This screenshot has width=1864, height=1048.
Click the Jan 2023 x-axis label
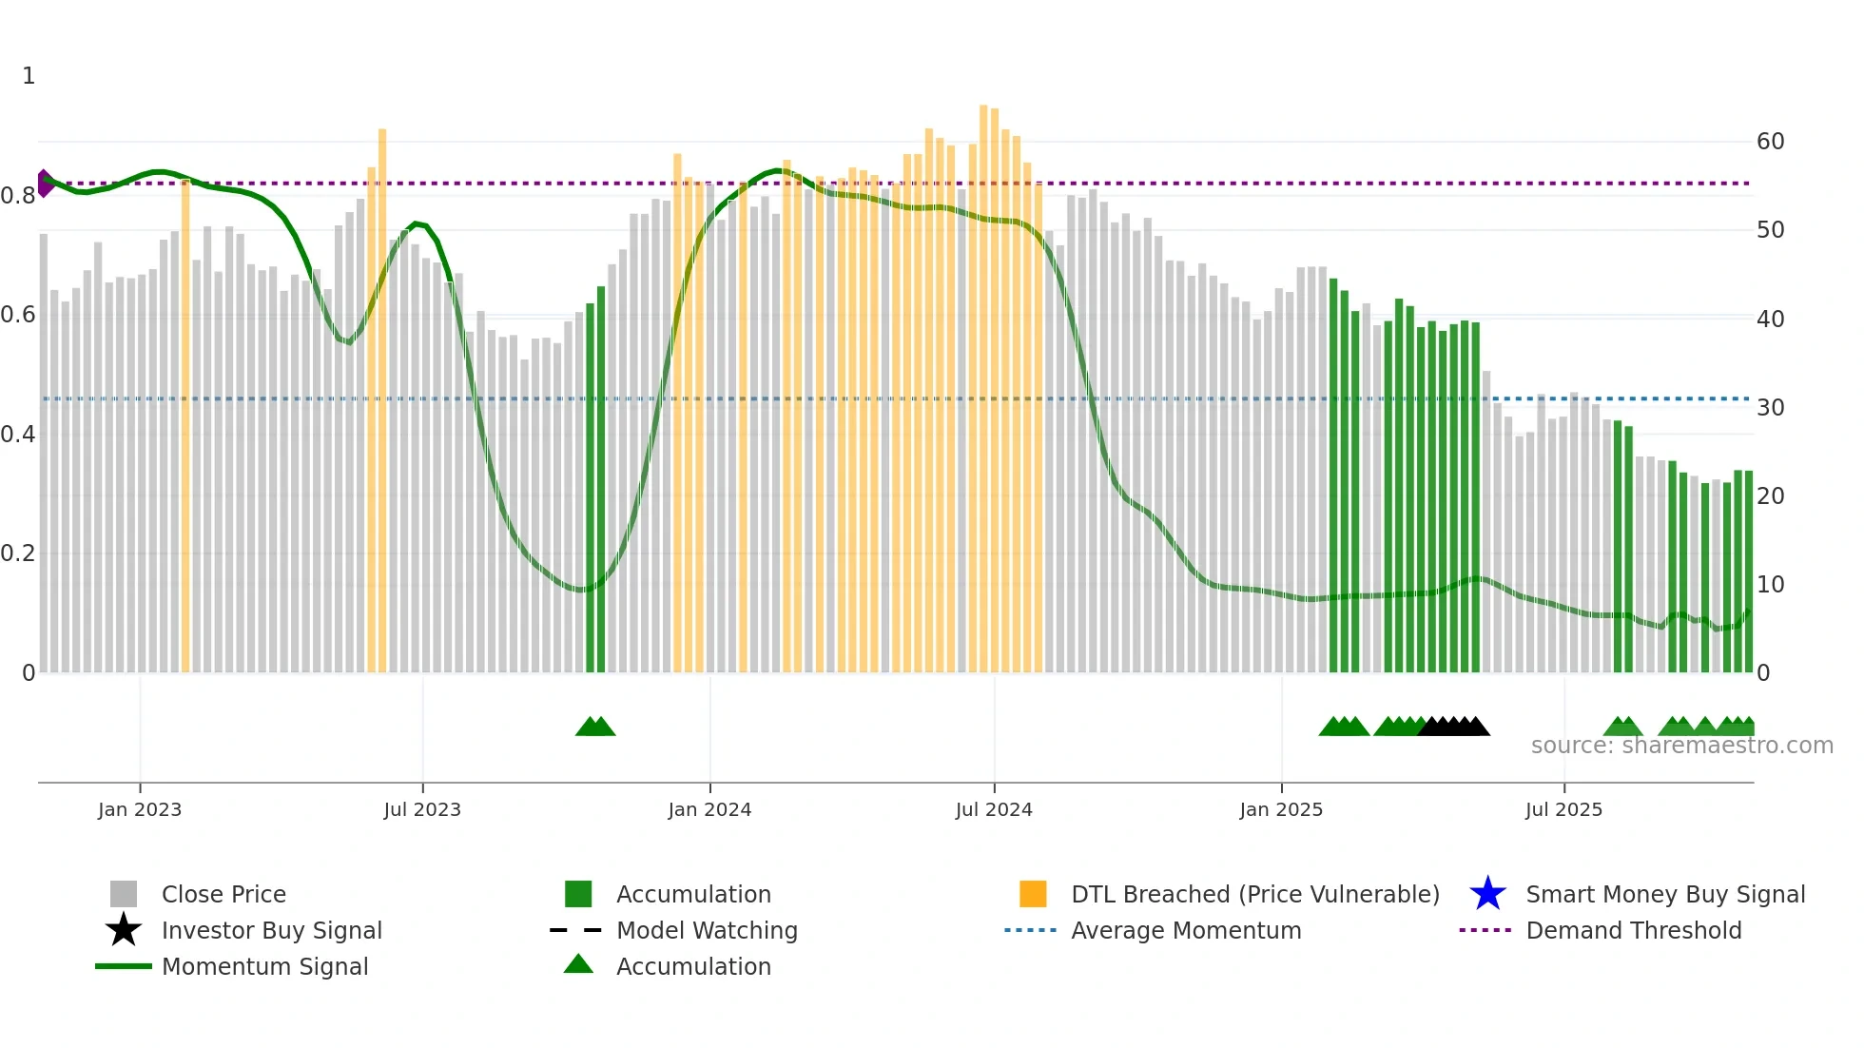point(140,809)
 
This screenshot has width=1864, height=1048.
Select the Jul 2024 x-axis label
point(994,809)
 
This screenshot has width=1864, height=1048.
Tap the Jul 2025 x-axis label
point(1563,809)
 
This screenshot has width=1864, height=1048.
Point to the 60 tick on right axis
point(1770,142)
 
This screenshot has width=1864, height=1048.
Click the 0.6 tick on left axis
point(18,315)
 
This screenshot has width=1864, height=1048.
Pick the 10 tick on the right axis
point(1770,585)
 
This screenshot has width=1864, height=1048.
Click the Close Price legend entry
point(223,894)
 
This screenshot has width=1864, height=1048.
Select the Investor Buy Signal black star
point(124,930)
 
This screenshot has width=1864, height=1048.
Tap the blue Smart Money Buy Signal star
point(1487,894)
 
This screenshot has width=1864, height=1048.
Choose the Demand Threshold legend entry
point(1633,930)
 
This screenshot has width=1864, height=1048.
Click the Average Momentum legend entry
point(1186,930)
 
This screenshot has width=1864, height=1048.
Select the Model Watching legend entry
point(707,930)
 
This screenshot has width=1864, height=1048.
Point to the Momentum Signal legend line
point(124,966)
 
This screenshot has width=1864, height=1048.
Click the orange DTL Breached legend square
point(1033,894)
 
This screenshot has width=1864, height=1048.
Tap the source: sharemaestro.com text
point(1681,746)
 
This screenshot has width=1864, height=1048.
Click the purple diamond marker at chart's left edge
point(45,184)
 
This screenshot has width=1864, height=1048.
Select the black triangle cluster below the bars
point(1453,727)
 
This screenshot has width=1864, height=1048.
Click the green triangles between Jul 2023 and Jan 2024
point(595,727)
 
